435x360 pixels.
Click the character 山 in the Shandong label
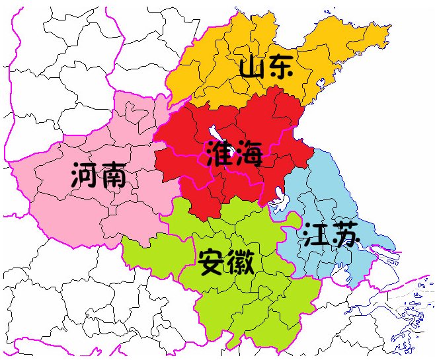click(251, 67)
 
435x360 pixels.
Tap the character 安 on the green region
click(212, 262)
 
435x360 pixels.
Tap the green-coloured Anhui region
click(251, 304)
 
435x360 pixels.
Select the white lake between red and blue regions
click(278, 196)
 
